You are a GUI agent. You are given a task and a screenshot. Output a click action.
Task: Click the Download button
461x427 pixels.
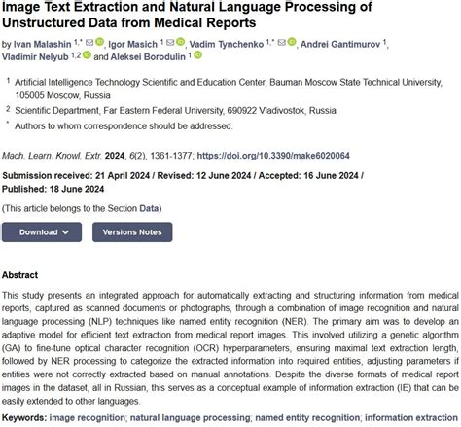pos(42,232)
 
